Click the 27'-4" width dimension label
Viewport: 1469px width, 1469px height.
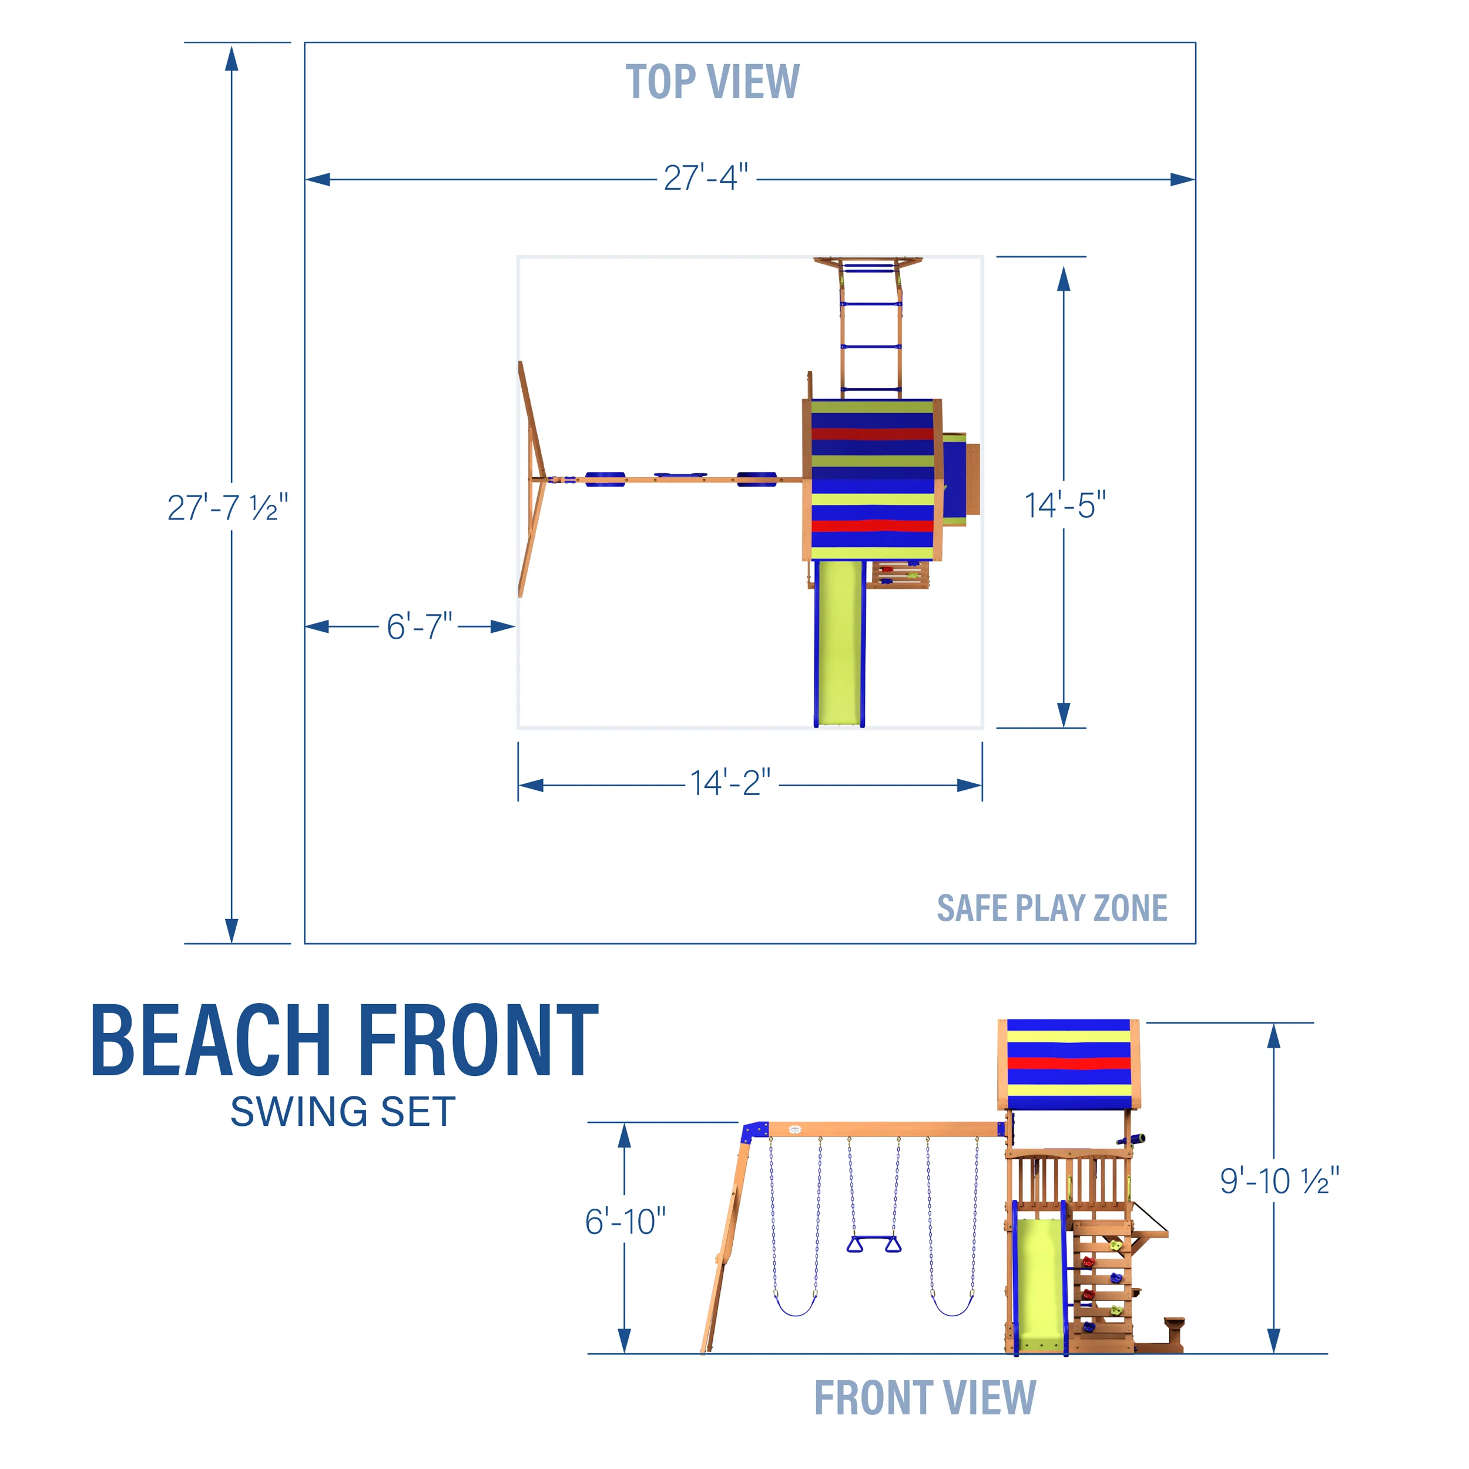706,178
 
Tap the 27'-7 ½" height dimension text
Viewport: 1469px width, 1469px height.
227,507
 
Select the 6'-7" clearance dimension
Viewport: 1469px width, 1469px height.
419,626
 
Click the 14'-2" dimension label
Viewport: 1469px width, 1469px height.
730,783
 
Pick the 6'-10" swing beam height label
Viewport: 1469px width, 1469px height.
625,1222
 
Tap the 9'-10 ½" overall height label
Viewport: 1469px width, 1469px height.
1280,1181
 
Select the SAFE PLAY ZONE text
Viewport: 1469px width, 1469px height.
1052,908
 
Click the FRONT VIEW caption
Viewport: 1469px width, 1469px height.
924,1397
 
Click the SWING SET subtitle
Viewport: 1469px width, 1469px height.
343,1112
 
